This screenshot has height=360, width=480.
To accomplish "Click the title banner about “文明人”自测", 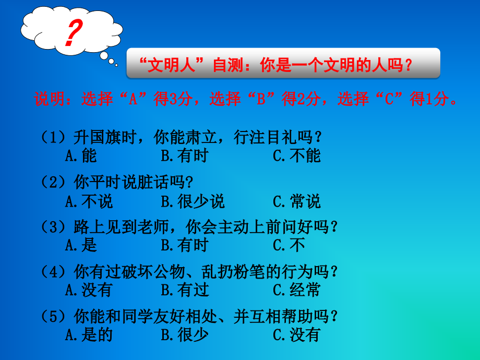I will (x=283, y=64).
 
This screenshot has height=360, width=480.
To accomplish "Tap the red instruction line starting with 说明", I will (x=246, y=99).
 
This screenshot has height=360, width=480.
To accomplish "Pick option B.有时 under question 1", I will (x=184, y=155).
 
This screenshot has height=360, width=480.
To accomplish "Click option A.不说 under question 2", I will (x=89, y=201).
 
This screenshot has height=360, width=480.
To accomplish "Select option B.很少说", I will (x=193, y=201).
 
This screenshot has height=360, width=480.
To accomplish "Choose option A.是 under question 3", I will (x=81, y=245).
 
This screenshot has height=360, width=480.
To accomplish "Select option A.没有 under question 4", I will (x=89, y=289).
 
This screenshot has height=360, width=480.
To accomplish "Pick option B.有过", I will (x=184, y=289).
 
